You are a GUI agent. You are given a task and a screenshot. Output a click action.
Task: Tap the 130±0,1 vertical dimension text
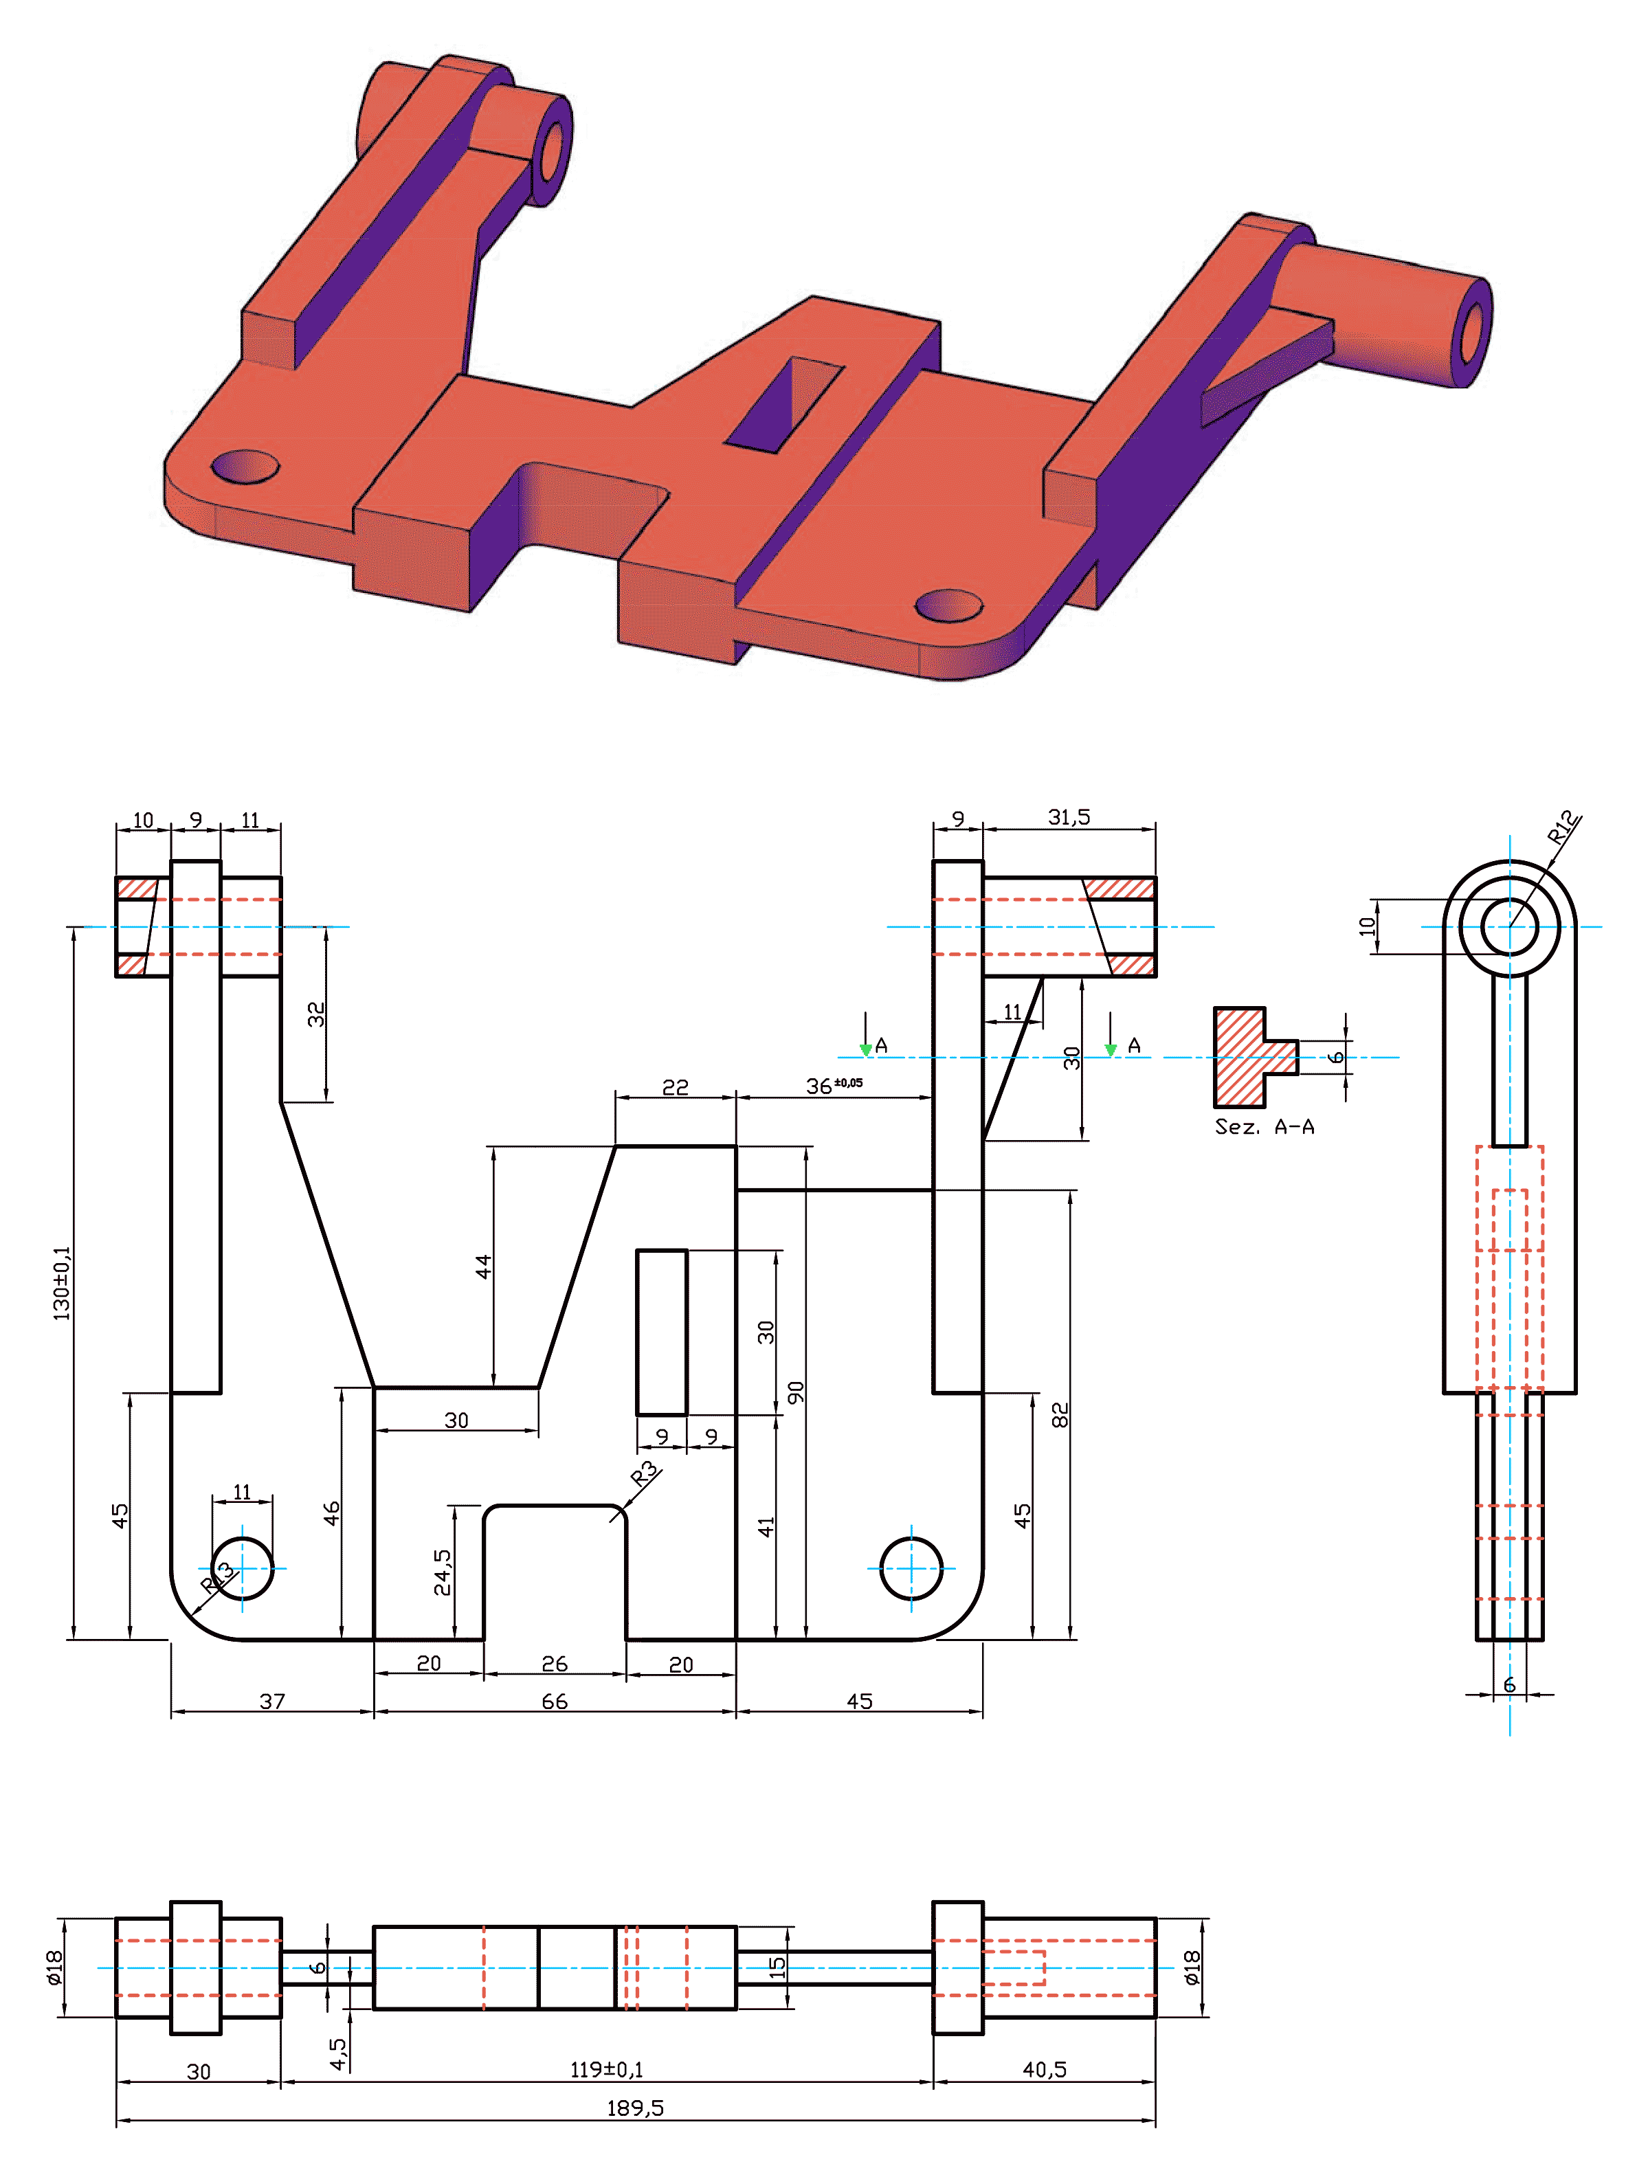tap(62, 1282)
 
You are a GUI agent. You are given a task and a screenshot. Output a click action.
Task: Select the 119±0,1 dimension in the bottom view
tap(607, 2068)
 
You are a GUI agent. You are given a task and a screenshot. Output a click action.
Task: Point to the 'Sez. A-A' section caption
tap(1265, 1126)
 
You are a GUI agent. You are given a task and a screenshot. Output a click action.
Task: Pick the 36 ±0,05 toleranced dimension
tap(834, 1084)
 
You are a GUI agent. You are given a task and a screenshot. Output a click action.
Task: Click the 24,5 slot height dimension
tap(443, 1571)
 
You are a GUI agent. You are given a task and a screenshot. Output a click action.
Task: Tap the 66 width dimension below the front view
tap(555, 1701)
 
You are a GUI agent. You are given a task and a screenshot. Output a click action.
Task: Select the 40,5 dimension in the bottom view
tap(1044, 2068)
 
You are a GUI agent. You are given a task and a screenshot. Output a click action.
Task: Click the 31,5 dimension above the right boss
tap(1069, 817)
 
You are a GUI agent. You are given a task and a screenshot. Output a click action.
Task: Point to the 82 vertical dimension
tap(1059, 1415)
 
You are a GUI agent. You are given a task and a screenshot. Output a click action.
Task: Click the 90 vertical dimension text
tap(795, 1392)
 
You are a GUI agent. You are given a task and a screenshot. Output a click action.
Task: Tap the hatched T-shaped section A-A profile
tap(1251, 1057)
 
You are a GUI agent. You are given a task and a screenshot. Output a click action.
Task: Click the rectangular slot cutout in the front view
tap(662, 1332)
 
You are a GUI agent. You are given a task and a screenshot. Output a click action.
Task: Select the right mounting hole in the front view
tap(911, 1568)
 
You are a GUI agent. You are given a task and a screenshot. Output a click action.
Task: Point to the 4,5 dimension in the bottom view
tap(337, 2053)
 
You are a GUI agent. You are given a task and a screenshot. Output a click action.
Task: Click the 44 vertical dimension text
tap(482, 1267)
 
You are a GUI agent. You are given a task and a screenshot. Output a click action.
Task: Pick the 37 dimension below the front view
tap(272, 1701)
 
